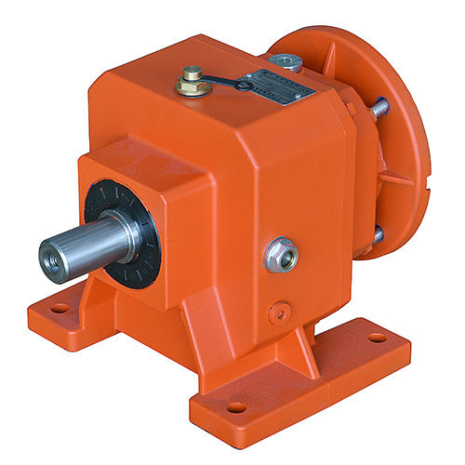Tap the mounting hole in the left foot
pos(60,307)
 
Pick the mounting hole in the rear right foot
pos(376,338)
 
